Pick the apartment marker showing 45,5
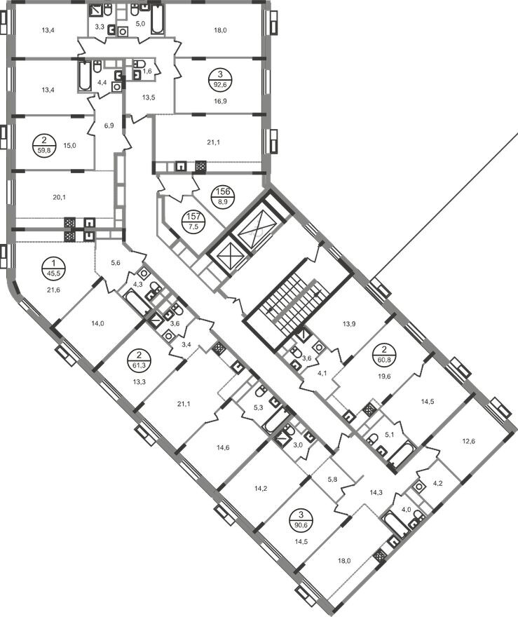tap(53, 267)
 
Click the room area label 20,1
tap(59, 198)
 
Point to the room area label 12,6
tap(468, 441)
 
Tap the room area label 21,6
tap(53, 290)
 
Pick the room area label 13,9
tap(349, 325)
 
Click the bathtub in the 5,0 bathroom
tap(157, 19)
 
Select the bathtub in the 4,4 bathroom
tap(85, 75)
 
